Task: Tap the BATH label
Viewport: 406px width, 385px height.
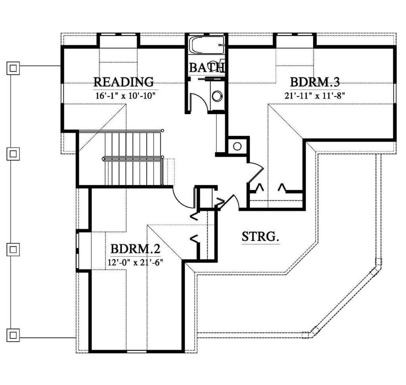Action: [207, 67]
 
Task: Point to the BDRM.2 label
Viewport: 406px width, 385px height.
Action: [136, 249]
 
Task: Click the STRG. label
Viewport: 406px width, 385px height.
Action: [260, 236]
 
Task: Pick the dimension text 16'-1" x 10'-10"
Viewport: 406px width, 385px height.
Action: [125, 96]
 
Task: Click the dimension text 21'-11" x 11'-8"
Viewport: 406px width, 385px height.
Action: [315, 96]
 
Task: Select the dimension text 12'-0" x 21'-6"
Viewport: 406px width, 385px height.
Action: [135, 262]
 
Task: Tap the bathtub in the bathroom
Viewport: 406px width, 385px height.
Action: [206, 45]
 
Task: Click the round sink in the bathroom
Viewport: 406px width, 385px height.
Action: [217, 96]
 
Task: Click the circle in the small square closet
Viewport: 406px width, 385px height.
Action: [237, 146]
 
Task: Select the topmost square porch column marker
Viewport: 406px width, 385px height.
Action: [13, 68]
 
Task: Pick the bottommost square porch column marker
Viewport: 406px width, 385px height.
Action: [13, 335]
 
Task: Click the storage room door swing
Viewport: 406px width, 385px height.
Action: [232, 201]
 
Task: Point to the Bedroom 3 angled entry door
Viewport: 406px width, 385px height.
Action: [255, 172]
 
